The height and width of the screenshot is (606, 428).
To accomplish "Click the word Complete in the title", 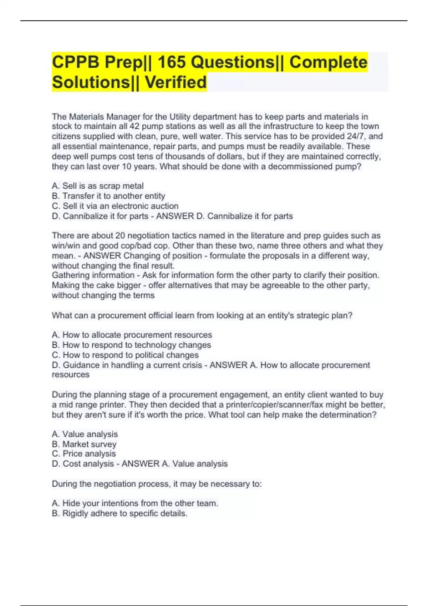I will pyautogui.click(x=328, y=62).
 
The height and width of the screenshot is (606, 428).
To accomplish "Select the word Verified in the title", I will pyautogui.click(x=175, y=82).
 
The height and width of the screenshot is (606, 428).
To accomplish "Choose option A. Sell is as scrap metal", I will pyautogui.click(x=98, y=186).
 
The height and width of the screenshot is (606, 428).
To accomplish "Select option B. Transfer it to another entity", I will pyautogui.click(x=108, y=196).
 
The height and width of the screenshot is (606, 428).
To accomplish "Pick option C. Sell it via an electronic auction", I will pyautogui.click(x=115, y=206).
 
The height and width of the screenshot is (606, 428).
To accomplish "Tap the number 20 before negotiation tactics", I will pyautogui.click(x=120, y=236).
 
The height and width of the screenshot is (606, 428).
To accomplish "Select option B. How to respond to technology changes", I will pyautogui.click(x=131, y=345).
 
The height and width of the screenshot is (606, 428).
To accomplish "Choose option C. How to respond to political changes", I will pyautogui.click(x=125, y=355).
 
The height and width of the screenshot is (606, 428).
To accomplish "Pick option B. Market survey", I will pyautogui.click(x=84, y=444).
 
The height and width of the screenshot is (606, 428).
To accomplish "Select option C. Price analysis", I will pyautogui.click(x=84, y=454).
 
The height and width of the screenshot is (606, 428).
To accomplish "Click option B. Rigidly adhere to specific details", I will pyautogui.click(x=119, y=513).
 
